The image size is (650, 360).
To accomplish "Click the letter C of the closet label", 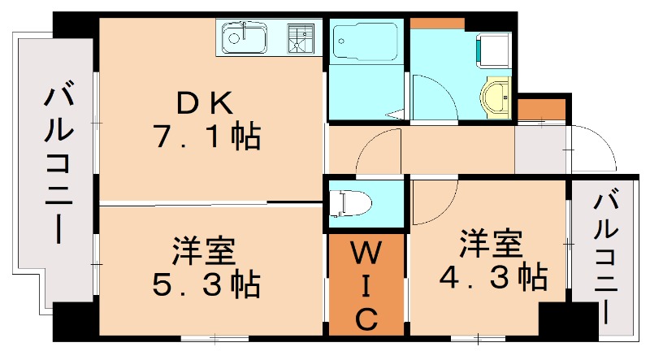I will click(x=366, y=318).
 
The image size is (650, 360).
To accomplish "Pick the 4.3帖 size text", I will click(x=492, y=278).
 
